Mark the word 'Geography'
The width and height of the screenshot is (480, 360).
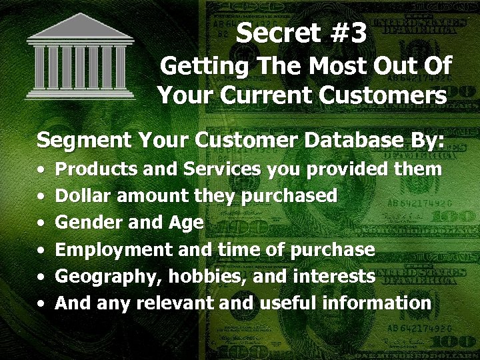[x=109, y=277]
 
